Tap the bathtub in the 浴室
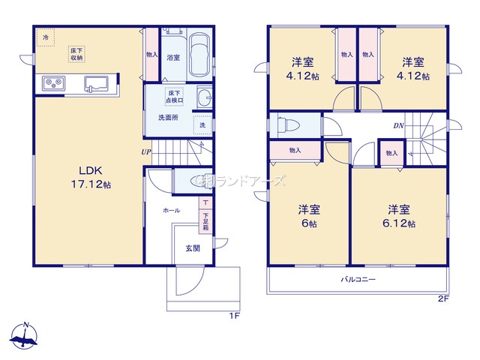[x=199, y=56]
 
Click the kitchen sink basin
[x=97, y=82]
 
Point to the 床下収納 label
[x=77, y=54]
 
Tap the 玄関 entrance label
[x=193, y=249]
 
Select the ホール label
[x=171, y=211]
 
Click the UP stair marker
[x=147, y=152]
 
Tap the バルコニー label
[x=358, y=280]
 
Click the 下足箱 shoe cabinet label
[x=205, y=218]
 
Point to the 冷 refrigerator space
[x=46, y=37]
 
